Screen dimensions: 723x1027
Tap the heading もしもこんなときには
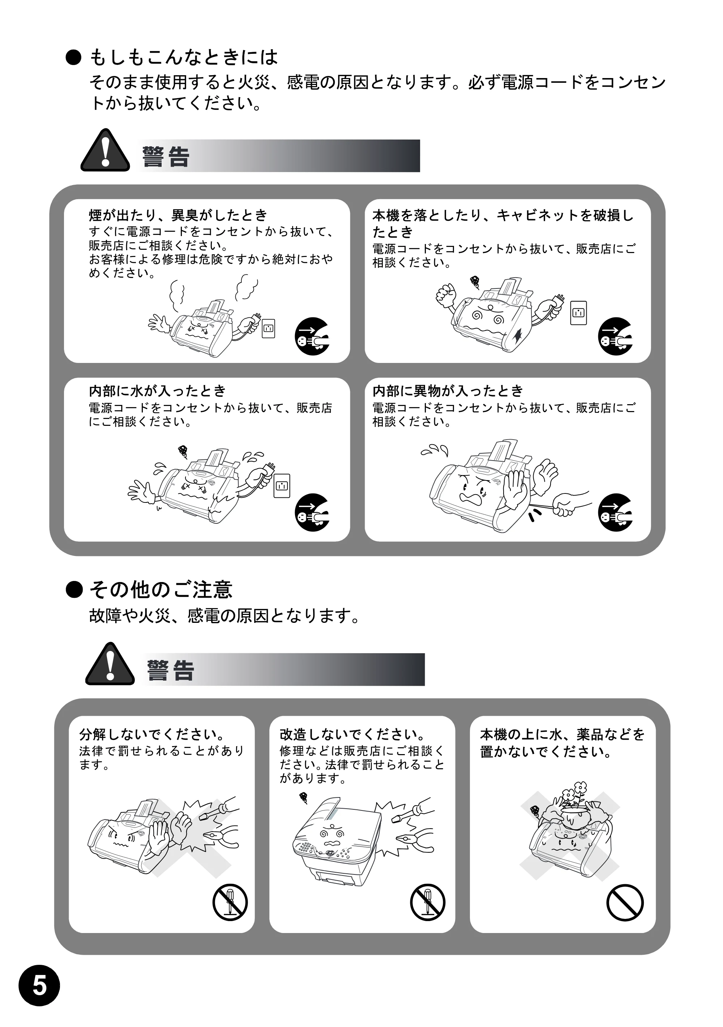point(184,57)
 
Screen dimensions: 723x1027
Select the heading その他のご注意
point(161,590)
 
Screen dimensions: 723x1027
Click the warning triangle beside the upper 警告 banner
point(105,150)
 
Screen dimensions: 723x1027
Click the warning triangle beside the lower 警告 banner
point(110,664)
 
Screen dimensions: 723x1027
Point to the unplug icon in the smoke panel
point(312,337)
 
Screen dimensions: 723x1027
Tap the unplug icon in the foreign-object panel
point(616,513)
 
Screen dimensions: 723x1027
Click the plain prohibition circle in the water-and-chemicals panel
point(625,903)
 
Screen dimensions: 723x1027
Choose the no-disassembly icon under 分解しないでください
point(230,902)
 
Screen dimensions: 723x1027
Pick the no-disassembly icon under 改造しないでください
point(428,902)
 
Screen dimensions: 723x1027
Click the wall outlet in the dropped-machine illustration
point(578,313)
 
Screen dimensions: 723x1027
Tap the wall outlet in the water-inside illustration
point(282,486)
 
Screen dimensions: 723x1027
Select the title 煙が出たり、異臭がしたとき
point(178,215)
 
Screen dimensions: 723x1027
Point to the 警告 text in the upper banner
point(166,157)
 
